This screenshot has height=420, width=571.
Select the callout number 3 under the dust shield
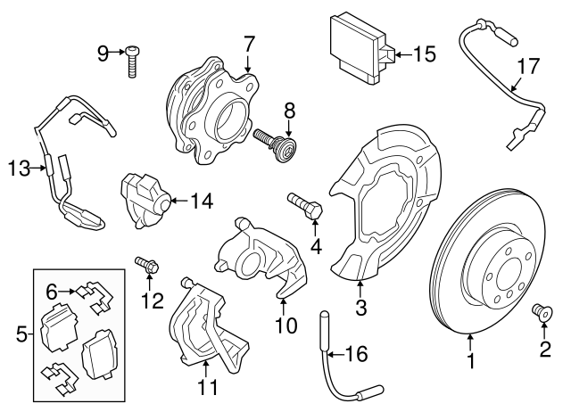pos(360,309)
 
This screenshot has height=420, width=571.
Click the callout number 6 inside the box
pos(52,291)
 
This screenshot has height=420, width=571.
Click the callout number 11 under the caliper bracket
pos(208,388)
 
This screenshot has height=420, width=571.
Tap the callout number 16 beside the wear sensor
pos(355,356)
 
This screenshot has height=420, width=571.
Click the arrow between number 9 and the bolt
pos(117,54)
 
